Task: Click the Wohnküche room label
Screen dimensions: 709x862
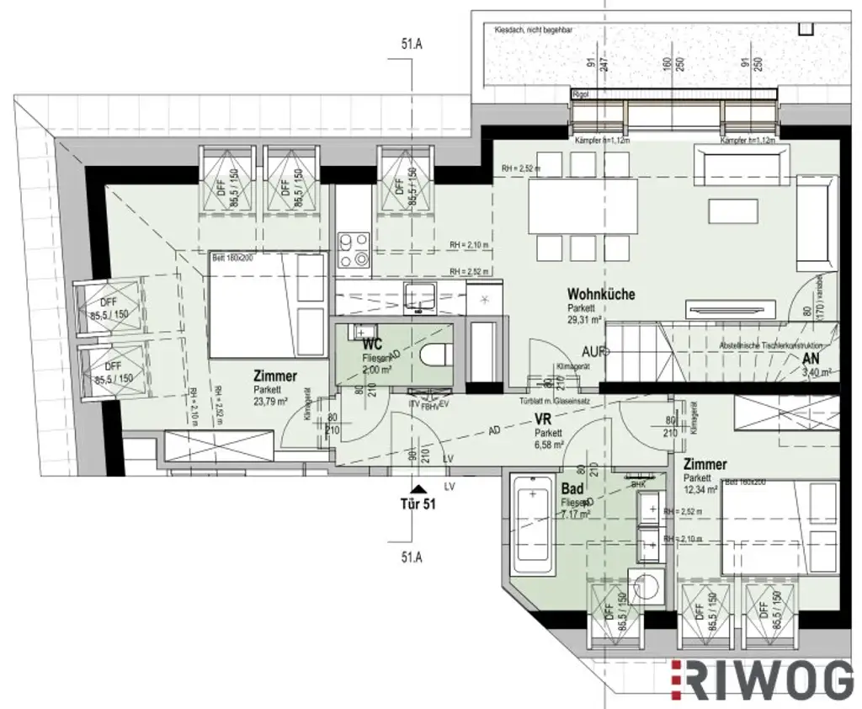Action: [x=600, y=295]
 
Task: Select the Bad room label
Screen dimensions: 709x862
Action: [x=573, y=490]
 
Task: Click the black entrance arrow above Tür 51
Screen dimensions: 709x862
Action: [x=414, y=488]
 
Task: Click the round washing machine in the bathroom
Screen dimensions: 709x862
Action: [x=646, y=587]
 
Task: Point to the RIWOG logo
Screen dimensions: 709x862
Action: [x=763, y=680]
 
